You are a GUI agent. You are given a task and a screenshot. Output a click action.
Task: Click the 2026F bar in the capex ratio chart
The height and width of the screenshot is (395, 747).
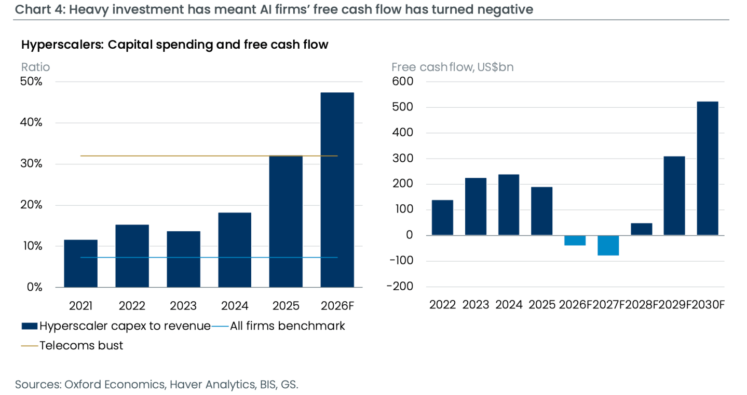click(x=337, y=190)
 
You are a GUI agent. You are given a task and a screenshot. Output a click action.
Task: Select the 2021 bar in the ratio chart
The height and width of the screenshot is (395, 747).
click(x=80, y=263)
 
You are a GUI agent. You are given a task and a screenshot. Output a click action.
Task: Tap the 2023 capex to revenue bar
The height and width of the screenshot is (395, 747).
click(x=183, y=259)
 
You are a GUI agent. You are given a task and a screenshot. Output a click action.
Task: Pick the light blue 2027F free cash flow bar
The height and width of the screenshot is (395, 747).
click(x=608, y=246)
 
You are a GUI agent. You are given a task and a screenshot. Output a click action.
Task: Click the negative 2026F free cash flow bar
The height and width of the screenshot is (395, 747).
click(x=575, y=241)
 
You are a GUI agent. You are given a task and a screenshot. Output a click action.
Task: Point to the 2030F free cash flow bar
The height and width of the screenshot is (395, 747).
click(x=708, y=168)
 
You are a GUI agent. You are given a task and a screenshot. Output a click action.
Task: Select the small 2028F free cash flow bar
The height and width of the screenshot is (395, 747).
click(x=641, y=229)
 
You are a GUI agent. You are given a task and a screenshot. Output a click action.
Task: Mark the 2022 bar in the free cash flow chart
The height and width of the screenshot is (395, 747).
click(x=442, y=218)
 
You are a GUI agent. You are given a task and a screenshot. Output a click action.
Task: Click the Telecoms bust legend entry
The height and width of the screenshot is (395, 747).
click(x=72, y=346)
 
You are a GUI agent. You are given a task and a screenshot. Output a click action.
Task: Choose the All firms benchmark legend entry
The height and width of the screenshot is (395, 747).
click(x=278, y=326)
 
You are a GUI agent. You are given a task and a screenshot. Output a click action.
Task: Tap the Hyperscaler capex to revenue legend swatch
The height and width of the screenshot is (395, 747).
click(x=30, y=326)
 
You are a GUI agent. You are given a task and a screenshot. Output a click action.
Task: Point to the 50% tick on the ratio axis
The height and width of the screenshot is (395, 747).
click(x=31, y=81)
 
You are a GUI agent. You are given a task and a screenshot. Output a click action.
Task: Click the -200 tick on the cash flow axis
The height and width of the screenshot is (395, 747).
click(x=400, y=287)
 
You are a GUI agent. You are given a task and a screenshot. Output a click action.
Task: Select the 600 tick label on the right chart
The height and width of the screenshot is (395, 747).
click(x=402, y=81)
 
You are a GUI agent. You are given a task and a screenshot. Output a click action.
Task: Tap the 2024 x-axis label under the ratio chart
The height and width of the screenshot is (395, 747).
click(x=235, y=306)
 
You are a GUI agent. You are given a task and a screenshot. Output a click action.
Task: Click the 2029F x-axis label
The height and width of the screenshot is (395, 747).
click(x=674, y=305)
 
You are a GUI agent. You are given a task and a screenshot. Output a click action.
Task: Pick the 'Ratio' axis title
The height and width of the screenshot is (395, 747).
click(x=35, y=67)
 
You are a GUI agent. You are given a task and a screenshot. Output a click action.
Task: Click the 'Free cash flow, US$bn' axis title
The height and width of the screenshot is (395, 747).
click(x=453, y=67)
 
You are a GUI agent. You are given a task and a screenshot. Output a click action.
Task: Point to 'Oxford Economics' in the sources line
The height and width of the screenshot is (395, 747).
click(x=115, y=385)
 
